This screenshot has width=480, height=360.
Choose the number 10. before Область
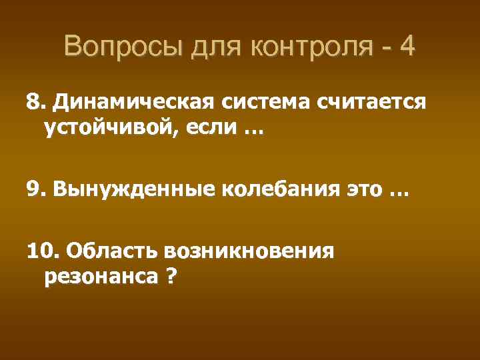point(41,252)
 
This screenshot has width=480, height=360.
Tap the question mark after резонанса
point(171,275)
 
